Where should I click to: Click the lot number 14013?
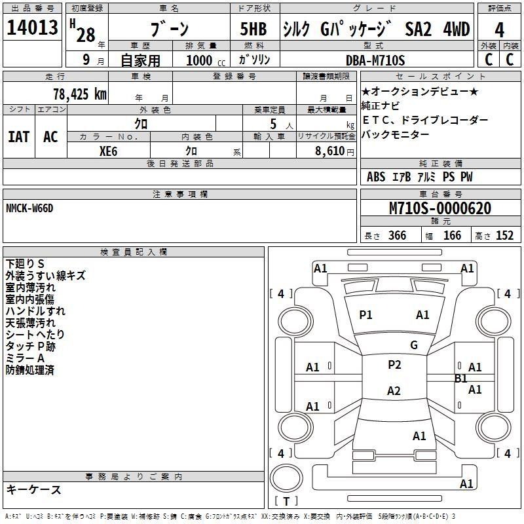pos(32,28)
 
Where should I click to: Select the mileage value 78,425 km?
pos(80,94)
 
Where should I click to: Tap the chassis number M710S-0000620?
pos(440,208)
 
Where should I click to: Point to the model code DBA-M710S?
pos(375,60)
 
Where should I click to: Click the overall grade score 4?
pos(499,30)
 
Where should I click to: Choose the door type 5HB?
pos(253,29)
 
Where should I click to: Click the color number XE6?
pos(108,151)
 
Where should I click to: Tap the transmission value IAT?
pos(19,137)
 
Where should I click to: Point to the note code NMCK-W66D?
pos(29,208)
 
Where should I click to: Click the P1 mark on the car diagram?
pos(365,315)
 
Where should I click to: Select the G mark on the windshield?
pos(414,345)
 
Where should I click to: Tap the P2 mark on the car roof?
pos(394,365)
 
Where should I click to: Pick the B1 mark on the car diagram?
pos(461,379)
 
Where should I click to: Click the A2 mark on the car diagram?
pos(394,390)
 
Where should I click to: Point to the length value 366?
pos(397,236)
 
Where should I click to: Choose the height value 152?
pos(504,236)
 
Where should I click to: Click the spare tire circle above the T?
pos(286,478)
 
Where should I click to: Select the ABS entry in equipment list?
pos(376,177)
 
